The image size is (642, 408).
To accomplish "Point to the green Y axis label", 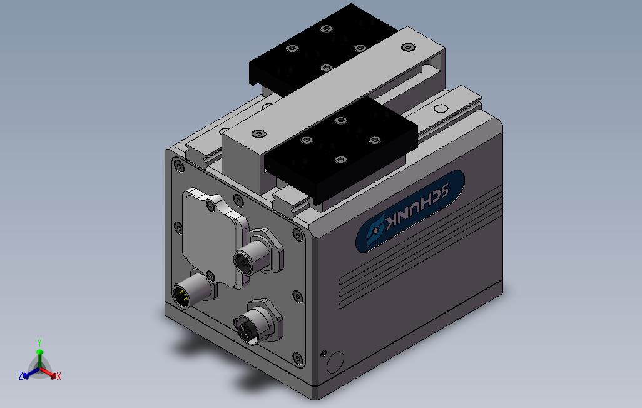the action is coord(39,342).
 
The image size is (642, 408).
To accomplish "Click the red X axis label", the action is coord(59,376).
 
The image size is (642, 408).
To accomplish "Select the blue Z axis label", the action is coord(21,375).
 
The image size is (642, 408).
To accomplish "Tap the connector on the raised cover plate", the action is coord(250,257).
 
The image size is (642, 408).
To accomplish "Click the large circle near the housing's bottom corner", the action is coord(336,362).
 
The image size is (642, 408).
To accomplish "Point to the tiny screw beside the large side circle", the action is coord(324,354).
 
